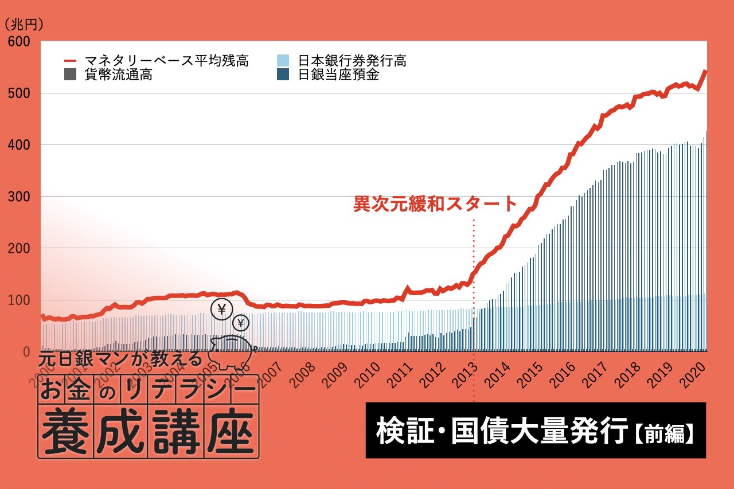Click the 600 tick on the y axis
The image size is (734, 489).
19,42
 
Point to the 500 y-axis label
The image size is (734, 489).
19,93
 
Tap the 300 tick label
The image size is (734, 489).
19,197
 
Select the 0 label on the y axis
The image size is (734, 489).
26,351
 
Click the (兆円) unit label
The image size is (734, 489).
24,25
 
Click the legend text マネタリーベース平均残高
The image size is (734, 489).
166,61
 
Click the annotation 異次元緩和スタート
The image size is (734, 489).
435,204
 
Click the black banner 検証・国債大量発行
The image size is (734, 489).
499,431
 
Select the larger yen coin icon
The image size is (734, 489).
221,310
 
